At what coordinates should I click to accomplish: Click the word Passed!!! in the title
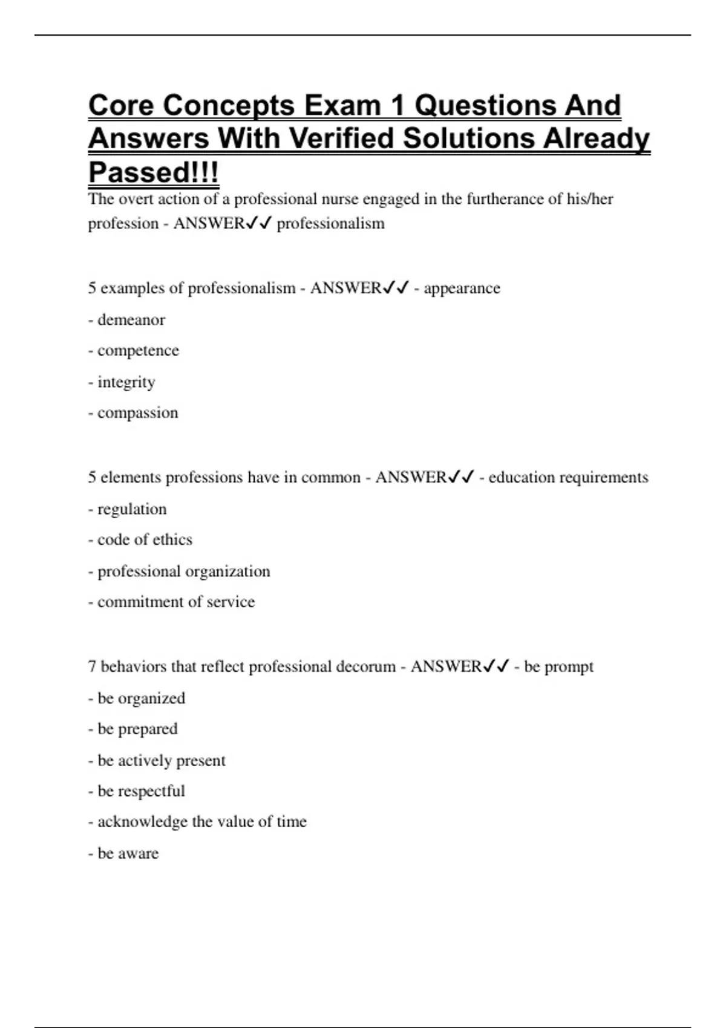coord(153,172)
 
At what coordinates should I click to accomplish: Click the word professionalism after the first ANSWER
coord(330,224)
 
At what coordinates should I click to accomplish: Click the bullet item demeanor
coord(131,319)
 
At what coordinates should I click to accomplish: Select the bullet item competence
coord(138,351)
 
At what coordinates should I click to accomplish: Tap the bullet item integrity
coord(126,382)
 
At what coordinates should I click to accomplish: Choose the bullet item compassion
coord(137,413)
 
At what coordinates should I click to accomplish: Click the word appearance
coord(462,288)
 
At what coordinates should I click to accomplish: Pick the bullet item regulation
coord(131,509)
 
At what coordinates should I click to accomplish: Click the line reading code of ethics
coord(145,539)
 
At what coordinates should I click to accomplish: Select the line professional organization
coord(183,571)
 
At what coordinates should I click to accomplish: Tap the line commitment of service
coord(175,602)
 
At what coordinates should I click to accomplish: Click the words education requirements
coord(568,477)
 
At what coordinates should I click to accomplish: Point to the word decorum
coord(365,666)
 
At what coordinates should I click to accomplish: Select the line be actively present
coord(161,761)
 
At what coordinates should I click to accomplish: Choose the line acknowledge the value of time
coord(201,822)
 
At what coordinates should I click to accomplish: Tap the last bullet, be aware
coord(128,853)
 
